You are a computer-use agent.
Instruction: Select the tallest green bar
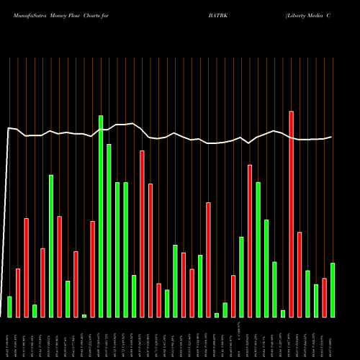[x=101, y=216]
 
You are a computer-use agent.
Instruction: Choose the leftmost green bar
[x=9, y=307]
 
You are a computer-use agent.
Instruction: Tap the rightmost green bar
[x=333, y=290]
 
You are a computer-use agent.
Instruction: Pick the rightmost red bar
[x=324, y=297]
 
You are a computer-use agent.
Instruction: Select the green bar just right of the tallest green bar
[x=109, y=230]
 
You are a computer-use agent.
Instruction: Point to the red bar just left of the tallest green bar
[x=92, y=269]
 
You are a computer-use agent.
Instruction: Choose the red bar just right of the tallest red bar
[x=300, y=274]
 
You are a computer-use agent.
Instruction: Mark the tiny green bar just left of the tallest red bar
[x=283, y=313]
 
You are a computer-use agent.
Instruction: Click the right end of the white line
[x=332, y=137]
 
